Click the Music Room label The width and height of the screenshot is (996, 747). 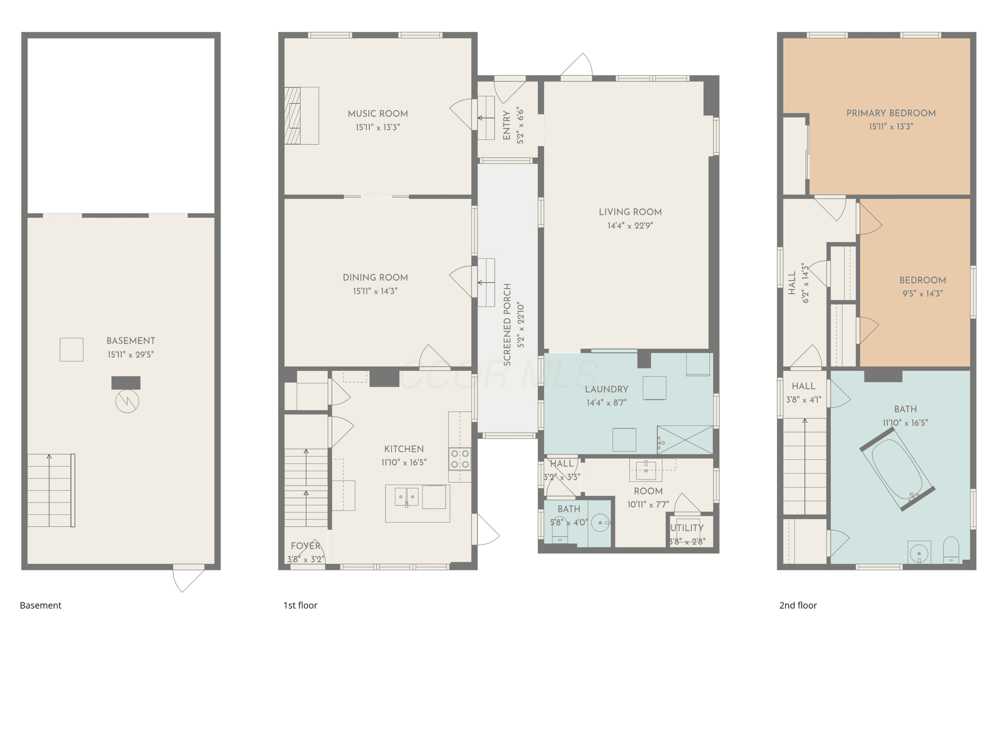click(x=378, y=114)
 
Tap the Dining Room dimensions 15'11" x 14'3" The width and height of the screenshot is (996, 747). click(x=375, y=291)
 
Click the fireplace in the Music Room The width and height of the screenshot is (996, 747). click(x=301, y=116)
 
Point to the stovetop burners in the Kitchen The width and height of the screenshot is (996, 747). click(x=460, y=459)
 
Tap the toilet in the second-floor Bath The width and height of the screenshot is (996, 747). click(x=951, y=550)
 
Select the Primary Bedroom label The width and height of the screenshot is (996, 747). click(x=891, y=113)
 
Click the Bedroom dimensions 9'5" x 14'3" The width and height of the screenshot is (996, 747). click(x=923, y=293)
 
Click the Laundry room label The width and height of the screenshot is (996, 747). click(x=607, y=389)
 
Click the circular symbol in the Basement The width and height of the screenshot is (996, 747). click(x=127, y=401)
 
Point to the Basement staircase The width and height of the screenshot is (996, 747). click(x=51, y=490)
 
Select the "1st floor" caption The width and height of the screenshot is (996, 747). click(x=300, y=605)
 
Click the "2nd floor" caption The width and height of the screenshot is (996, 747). click(x=798, y=605)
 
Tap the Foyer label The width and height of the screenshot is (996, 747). click(x=306, y=546)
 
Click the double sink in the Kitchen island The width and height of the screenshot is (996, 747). click(x=407, y=497)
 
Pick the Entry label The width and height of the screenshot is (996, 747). click(x=507, y=125)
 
